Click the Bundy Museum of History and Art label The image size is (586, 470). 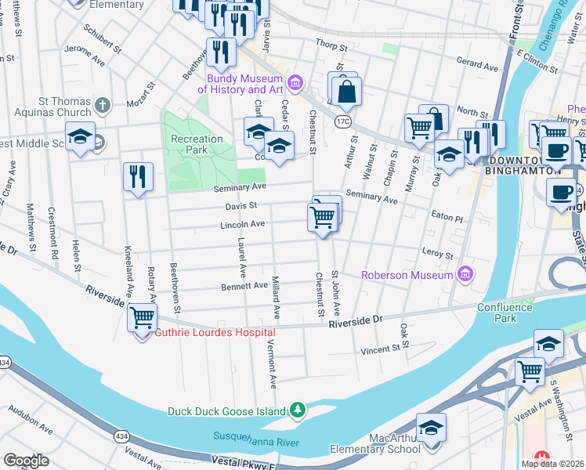244,84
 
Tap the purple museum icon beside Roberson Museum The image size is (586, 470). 465,274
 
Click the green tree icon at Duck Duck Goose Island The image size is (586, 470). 297,410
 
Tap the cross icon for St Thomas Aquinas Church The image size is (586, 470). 102,105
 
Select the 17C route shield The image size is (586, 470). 342,121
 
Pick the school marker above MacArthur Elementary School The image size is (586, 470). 431,428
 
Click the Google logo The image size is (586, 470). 26,461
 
